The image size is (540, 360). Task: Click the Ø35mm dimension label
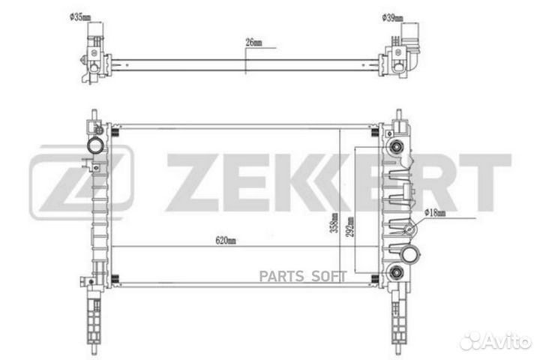[80, 17]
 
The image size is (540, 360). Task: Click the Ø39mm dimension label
[392, 18]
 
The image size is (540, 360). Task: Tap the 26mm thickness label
[253, 42]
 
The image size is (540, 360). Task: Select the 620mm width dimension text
[226, 240]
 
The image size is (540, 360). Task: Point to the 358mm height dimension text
[334, 223]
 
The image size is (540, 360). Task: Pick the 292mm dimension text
[349, 226]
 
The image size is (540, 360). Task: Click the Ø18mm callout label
[435, 213]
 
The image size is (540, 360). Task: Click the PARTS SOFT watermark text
[303, 276]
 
